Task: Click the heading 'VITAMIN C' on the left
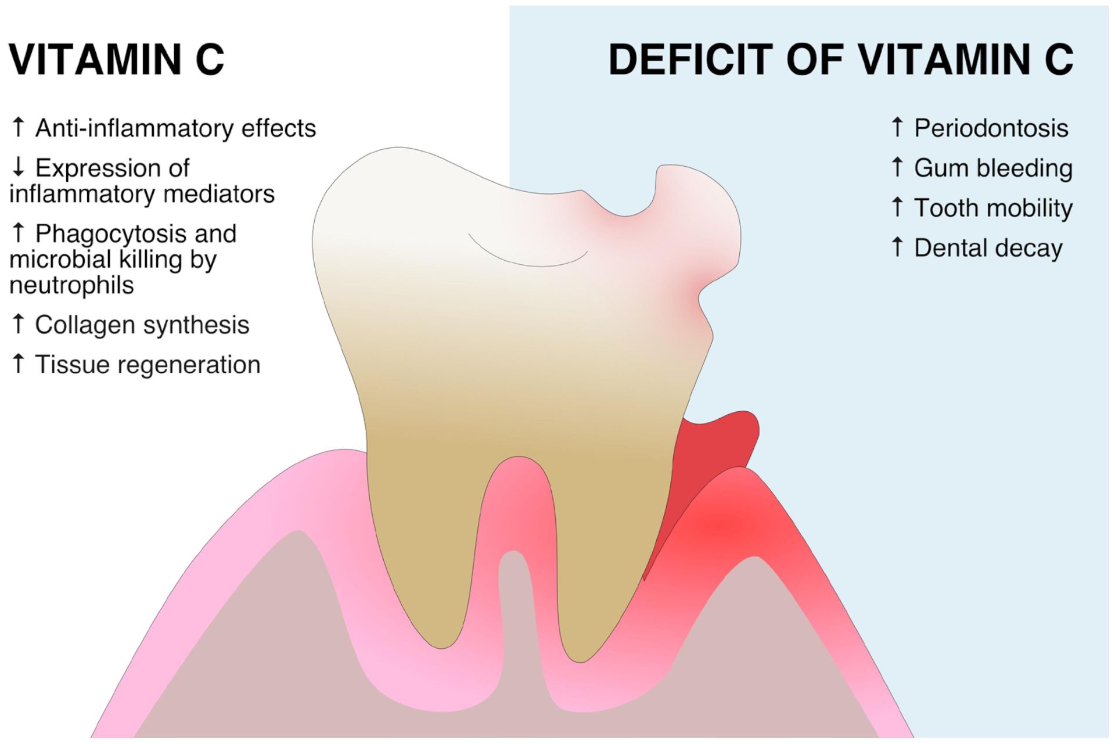116,59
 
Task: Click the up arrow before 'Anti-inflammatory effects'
18,127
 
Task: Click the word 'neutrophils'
71,285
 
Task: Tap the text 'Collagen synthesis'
142,325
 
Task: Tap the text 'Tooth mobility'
994,209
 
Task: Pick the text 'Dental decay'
988,248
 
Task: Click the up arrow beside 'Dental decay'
897,246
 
